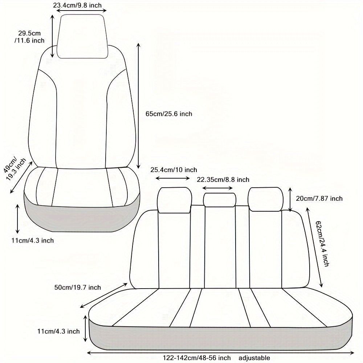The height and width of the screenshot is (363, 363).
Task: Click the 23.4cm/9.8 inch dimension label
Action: [x=77, y=5]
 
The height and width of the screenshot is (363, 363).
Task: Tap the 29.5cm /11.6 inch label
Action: [x=29, y=37]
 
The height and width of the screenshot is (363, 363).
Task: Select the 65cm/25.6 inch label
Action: [x=169, y=114]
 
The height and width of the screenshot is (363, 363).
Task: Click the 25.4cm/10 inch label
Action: [x=174, y=170]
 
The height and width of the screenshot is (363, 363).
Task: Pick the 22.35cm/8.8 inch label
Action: [x=223, y=180]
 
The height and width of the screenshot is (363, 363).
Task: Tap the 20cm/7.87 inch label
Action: [x=319, y=199]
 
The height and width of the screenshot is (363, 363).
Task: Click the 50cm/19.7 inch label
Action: [x=78, y=287]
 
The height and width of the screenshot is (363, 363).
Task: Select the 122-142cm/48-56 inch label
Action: [x=197, y=358]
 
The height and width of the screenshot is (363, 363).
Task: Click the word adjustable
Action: [x=254, y=358]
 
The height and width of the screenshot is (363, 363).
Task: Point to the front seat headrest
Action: [x=82, y=36]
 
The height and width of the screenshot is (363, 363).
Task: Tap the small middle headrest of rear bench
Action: [x=220, y=200]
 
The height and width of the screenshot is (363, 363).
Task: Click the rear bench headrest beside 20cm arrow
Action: [x=265, y=199]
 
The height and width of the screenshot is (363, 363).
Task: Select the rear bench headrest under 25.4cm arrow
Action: [x=175, y=200]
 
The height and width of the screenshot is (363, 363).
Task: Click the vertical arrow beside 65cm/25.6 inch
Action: [x=138, y=106]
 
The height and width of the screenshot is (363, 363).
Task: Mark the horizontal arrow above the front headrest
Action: [x=81, y=11]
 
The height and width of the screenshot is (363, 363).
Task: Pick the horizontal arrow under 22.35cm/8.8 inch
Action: [x=217, y=188]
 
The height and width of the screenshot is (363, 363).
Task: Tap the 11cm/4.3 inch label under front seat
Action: [x=33, y=241]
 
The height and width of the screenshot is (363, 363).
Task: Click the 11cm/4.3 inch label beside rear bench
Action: [x=58, y=331]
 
